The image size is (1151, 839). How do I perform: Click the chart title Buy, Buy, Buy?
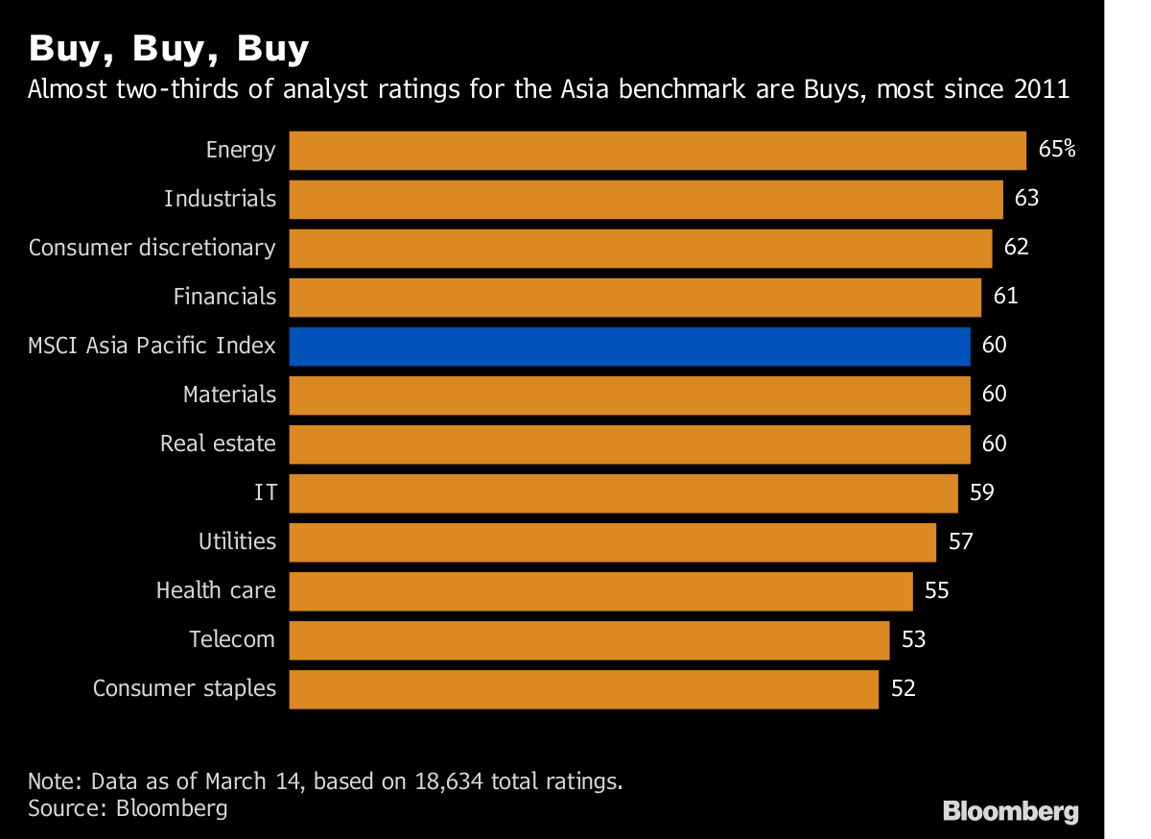tap(169, 48)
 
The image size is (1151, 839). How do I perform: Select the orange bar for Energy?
tap(657, 150)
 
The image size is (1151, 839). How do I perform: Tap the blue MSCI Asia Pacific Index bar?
tap(629, 346)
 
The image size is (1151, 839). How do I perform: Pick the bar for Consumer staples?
tap(583, 688)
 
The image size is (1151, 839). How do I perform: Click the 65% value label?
tap(1057, 149)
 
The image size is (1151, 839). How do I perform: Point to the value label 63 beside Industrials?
tap(1026, 198)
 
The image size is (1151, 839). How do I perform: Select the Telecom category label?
tap(232, 639)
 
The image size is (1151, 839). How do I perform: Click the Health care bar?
tap(600, 590)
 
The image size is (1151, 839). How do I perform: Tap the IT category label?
tap(266, 492)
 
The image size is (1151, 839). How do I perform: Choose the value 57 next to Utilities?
tap(960, 541)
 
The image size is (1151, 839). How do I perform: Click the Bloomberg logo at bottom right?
tap(1010, 811)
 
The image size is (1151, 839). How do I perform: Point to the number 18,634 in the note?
tap(448, 780)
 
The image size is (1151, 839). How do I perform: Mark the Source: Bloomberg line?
tap(128, 808)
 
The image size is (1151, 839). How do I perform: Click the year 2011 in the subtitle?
tap(1041, 90)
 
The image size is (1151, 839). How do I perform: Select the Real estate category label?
tap(218, 443)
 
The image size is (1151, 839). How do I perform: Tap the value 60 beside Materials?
tap(995, 394)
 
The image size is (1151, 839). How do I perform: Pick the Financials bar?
tap(635, 297)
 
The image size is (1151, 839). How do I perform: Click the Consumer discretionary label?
tap(152, 248)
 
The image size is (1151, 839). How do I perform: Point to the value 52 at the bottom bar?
tap(904, 688)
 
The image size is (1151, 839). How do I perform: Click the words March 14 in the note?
tap(259, 780)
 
